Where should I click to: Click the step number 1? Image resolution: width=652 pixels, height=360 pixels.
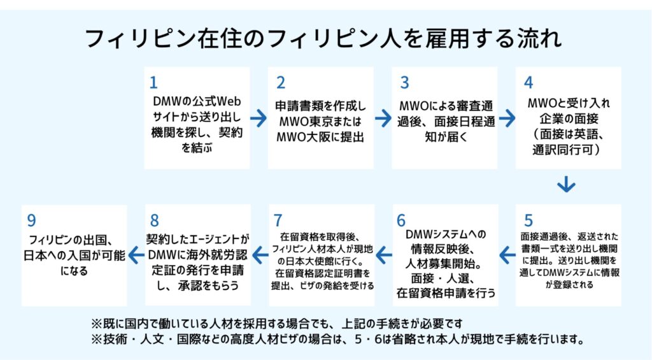(153, 83)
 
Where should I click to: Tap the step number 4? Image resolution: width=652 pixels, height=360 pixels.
(528, 83)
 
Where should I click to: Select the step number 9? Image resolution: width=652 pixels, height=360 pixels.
(32, 220)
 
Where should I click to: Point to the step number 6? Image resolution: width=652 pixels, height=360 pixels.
(401, 220)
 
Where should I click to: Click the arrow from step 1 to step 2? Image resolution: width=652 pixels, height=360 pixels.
(259, 119)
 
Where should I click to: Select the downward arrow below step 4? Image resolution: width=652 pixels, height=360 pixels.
(566, 184)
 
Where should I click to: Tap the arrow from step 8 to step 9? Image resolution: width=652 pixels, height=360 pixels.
(136, 255)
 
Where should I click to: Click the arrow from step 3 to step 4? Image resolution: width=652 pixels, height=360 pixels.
(507, 119)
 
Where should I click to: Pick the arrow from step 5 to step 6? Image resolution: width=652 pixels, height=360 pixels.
(507, 255)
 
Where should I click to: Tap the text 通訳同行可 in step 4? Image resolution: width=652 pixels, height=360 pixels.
(563, 149)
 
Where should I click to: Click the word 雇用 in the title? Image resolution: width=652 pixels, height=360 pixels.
(444, 38)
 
